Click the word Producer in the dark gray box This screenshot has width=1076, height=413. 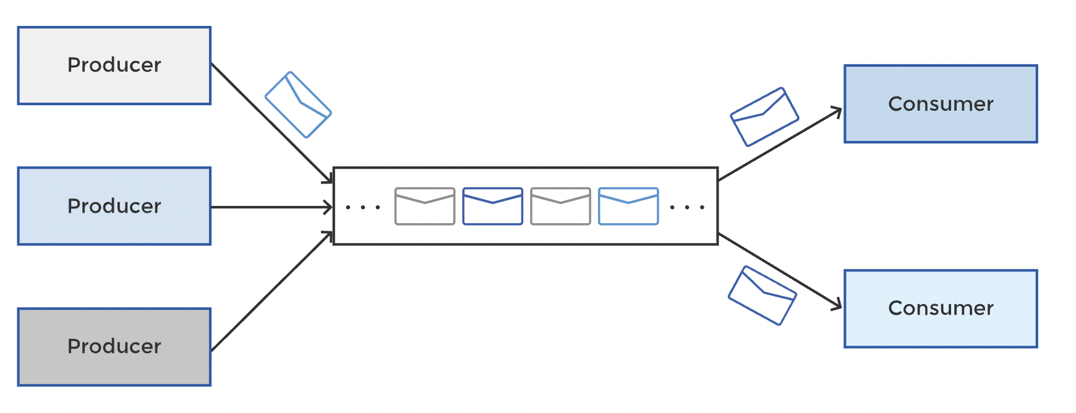(114, 346)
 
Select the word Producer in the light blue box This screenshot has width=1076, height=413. (114, 206)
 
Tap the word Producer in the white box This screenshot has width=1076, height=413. (114, 65)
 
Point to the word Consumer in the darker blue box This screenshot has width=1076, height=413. (941, 104)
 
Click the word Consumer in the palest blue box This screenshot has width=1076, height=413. (941, 308)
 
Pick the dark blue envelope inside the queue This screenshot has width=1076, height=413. (493, 206)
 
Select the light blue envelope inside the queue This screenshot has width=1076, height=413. (628, 206)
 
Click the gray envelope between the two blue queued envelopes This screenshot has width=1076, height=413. (560, 206)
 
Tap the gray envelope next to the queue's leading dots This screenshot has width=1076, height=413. (425, 206)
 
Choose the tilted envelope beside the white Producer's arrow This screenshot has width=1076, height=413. (298, 104)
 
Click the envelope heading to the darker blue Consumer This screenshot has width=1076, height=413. (764, 117)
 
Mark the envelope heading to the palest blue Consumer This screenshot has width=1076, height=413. (762, 296)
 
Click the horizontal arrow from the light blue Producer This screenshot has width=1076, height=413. (272, 207)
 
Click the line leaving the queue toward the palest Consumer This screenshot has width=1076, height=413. (780, 270)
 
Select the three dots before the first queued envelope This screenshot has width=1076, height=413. (363, 207)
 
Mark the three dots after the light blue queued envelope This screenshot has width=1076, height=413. (687, 207)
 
